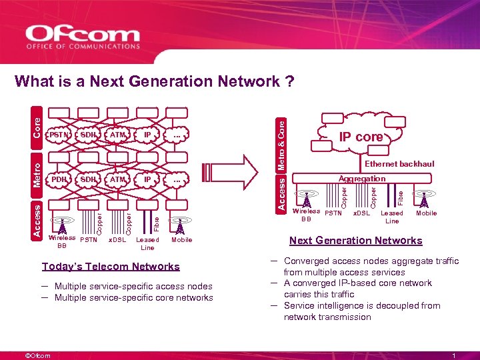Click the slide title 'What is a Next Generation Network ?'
pyautogui.click(x=154, y=81)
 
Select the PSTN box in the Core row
pyautogui.click(x=59, y=135)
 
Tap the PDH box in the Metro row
pyautogui.click(x=59, y=179)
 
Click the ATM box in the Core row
pyautogui.click(x=118, y=135)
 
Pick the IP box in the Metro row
pyautogui.click(x=147, y=179)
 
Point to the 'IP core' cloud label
pyautogui.click(x=361, y=137)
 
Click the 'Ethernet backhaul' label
pyautogui.click(x=399, y=164)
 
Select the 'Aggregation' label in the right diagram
pyautogui.click(x=362, y=179)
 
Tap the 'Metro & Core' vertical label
pyautogui.click(x=282, y=143)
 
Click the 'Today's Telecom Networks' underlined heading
pyautogui.click(x=111, y=267)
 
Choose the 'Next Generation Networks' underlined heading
pyautogui.click(x=355, y=241)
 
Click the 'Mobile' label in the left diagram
pyautogui.click(x=181, y=240)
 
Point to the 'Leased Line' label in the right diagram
pyautogui.click(x=392, y=217)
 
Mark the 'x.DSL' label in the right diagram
pyautogui.click(x=362, y=213)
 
